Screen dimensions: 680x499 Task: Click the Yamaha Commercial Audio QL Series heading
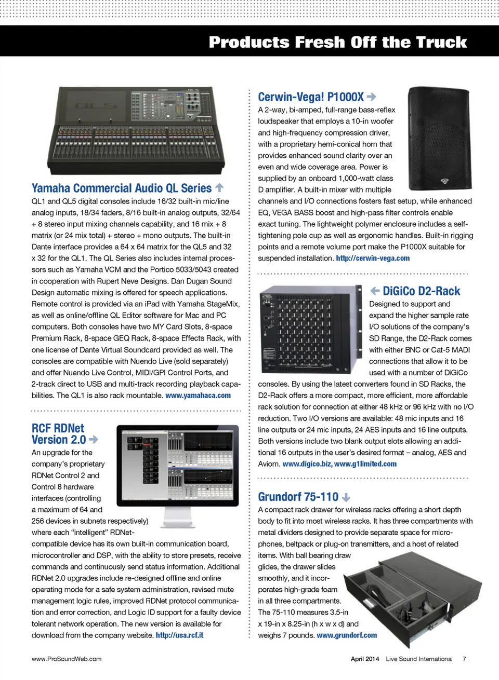122,188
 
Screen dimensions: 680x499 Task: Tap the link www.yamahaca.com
198,396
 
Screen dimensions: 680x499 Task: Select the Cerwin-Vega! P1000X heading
311,97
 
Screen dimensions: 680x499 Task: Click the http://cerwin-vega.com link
373,259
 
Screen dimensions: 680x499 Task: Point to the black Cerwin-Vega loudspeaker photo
440,138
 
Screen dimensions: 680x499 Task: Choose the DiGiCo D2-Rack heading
421,291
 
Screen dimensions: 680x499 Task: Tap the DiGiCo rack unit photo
310,329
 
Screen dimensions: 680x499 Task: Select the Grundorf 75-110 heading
298,497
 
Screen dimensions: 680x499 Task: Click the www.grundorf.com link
347,635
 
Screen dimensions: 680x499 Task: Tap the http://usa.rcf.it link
179,635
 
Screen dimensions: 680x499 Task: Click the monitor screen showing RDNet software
178,465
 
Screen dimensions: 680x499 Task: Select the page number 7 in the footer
464,659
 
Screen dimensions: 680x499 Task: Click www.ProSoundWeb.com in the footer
67,659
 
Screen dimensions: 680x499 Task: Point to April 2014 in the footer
365,659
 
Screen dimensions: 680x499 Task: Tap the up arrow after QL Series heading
219,187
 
